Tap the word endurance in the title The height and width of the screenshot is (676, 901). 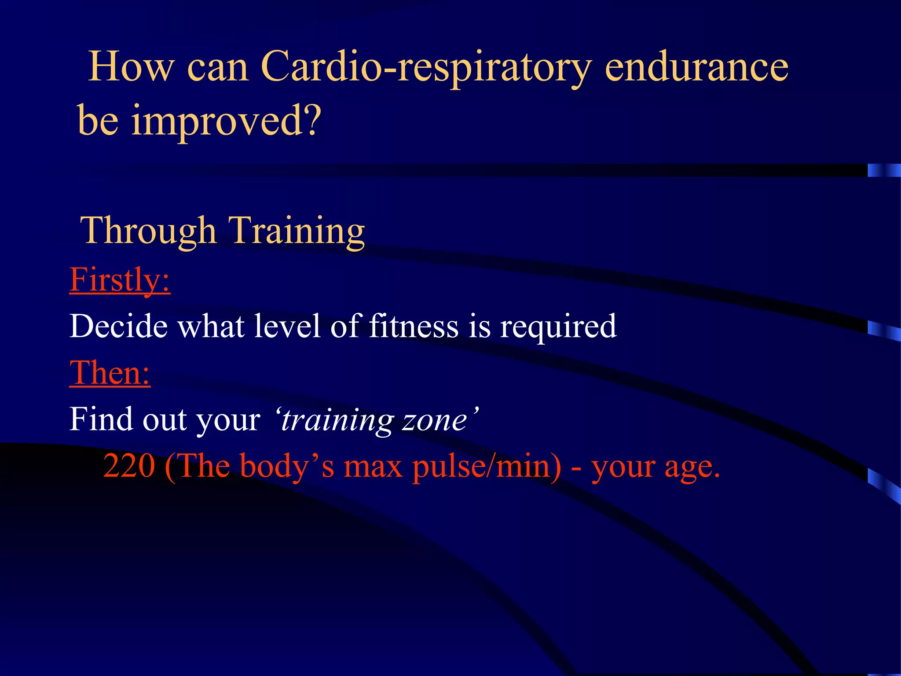coord(696,67)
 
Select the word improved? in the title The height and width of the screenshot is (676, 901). coord(227,121)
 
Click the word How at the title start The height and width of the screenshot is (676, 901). coord(131,67)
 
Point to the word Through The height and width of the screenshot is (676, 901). coord(148,231)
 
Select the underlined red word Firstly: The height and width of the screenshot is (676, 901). coord(120,280)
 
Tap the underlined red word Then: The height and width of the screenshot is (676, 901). coord(110,373)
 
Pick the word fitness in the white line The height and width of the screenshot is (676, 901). coord(414,327)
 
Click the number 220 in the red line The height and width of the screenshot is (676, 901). coord(129,467)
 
